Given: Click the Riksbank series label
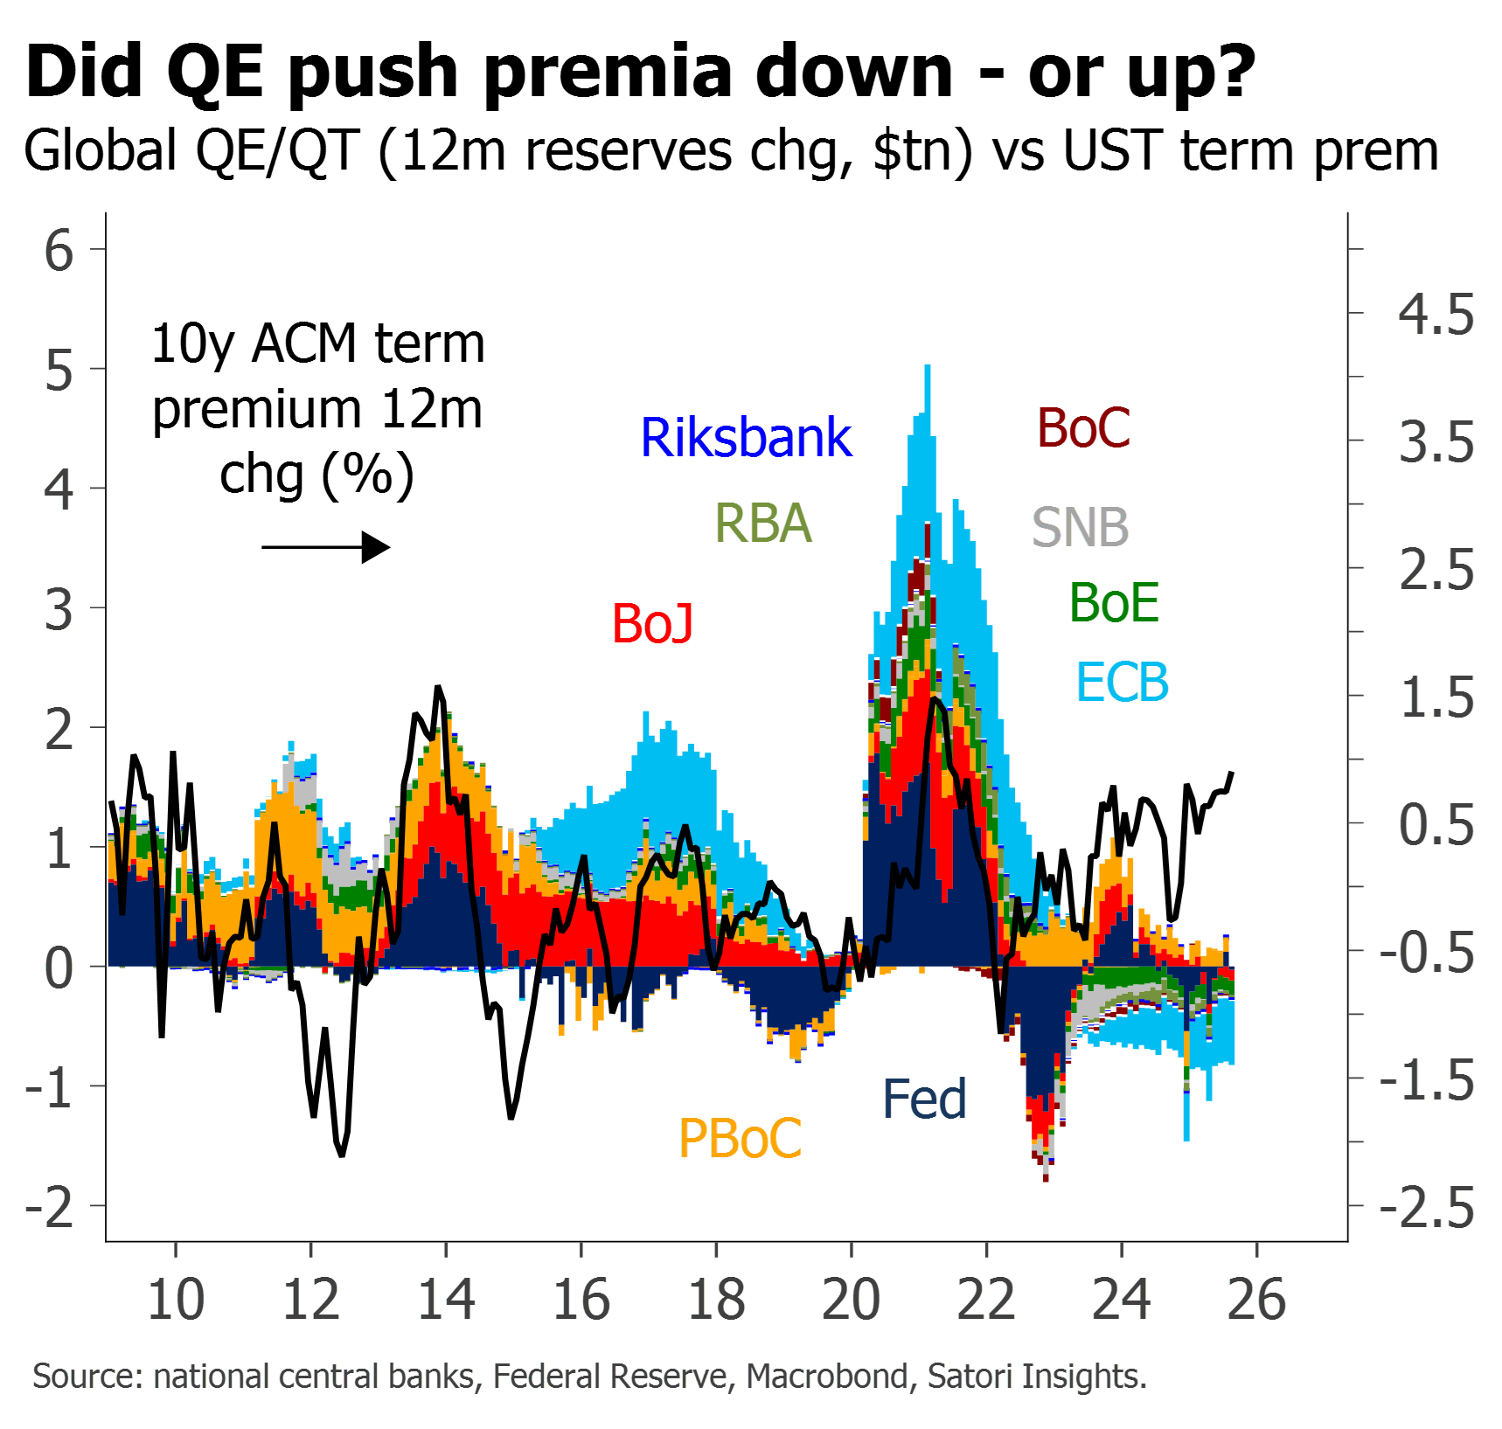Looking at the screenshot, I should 746,437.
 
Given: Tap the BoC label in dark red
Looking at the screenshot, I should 1084,428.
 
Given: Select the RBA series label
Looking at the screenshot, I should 763,524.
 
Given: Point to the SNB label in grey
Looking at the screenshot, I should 1081,527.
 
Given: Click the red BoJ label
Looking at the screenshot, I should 653,623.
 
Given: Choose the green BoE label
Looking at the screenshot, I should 1115,603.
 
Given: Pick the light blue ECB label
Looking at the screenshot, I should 1123,683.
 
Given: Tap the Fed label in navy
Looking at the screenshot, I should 925,1099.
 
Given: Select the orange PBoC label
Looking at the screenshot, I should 740,1138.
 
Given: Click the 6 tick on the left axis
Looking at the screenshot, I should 59,251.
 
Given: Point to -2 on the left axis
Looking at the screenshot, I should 50,1207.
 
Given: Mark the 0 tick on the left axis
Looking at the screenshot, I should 59,968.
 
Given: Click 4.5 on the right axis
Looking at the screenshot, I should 1436,314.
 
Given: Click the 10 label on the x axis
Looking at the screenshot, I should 176,1300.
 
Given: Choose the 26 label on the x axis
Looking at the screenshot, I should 1257,1300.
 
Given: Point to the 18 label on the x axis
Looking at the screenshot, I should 717,1300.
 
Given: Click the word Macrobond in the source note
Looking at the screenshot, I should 827,1377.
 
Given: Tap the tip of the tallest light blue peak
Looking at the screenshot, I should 928,367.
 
